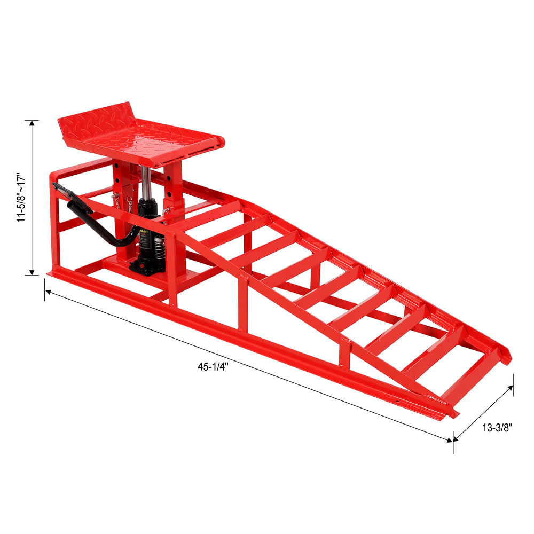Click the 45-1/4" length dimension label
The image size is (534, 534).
click(213, 367)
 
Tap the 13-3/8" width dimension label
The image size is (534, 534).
click(497, 428)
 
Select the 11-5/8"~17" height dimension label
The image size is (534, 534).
click(21, 198)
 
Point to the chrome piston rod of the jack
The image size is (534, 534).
click(146, 182)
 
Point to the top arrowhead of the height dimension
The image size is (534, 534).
click(32, 123)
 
